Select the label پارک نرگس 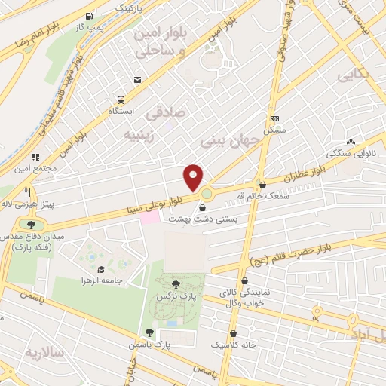(172, 297)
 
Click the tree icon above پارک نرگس (176, 284)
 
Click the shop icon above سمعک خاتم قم (262, 185)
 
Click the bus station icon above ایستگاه (120, 100)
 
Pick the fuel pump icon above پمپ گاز (90, 16)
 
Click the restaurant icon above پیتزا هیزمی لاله (28, 191)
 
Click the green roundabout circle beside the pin (206, 195)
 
